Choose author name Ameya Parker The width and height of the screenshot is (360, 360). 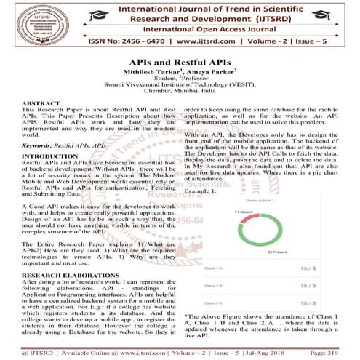(211, 74)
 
